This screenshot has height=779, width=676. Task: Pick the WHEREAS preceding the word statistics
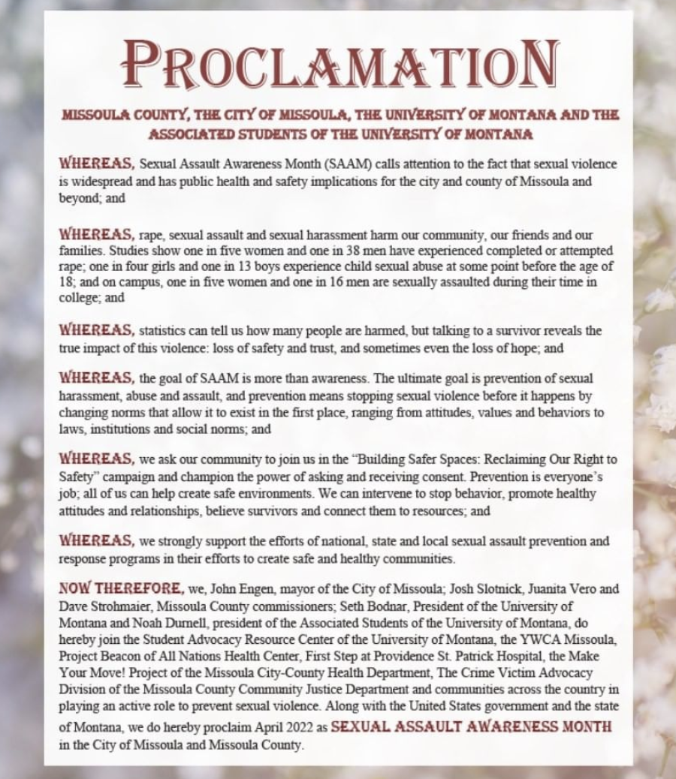click(97, 329)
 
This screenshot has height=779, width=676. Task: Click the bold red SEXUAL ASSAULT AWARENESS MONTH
click(472, 727)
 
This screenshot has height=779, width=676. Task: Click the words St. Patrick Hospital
click(484, 655)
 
